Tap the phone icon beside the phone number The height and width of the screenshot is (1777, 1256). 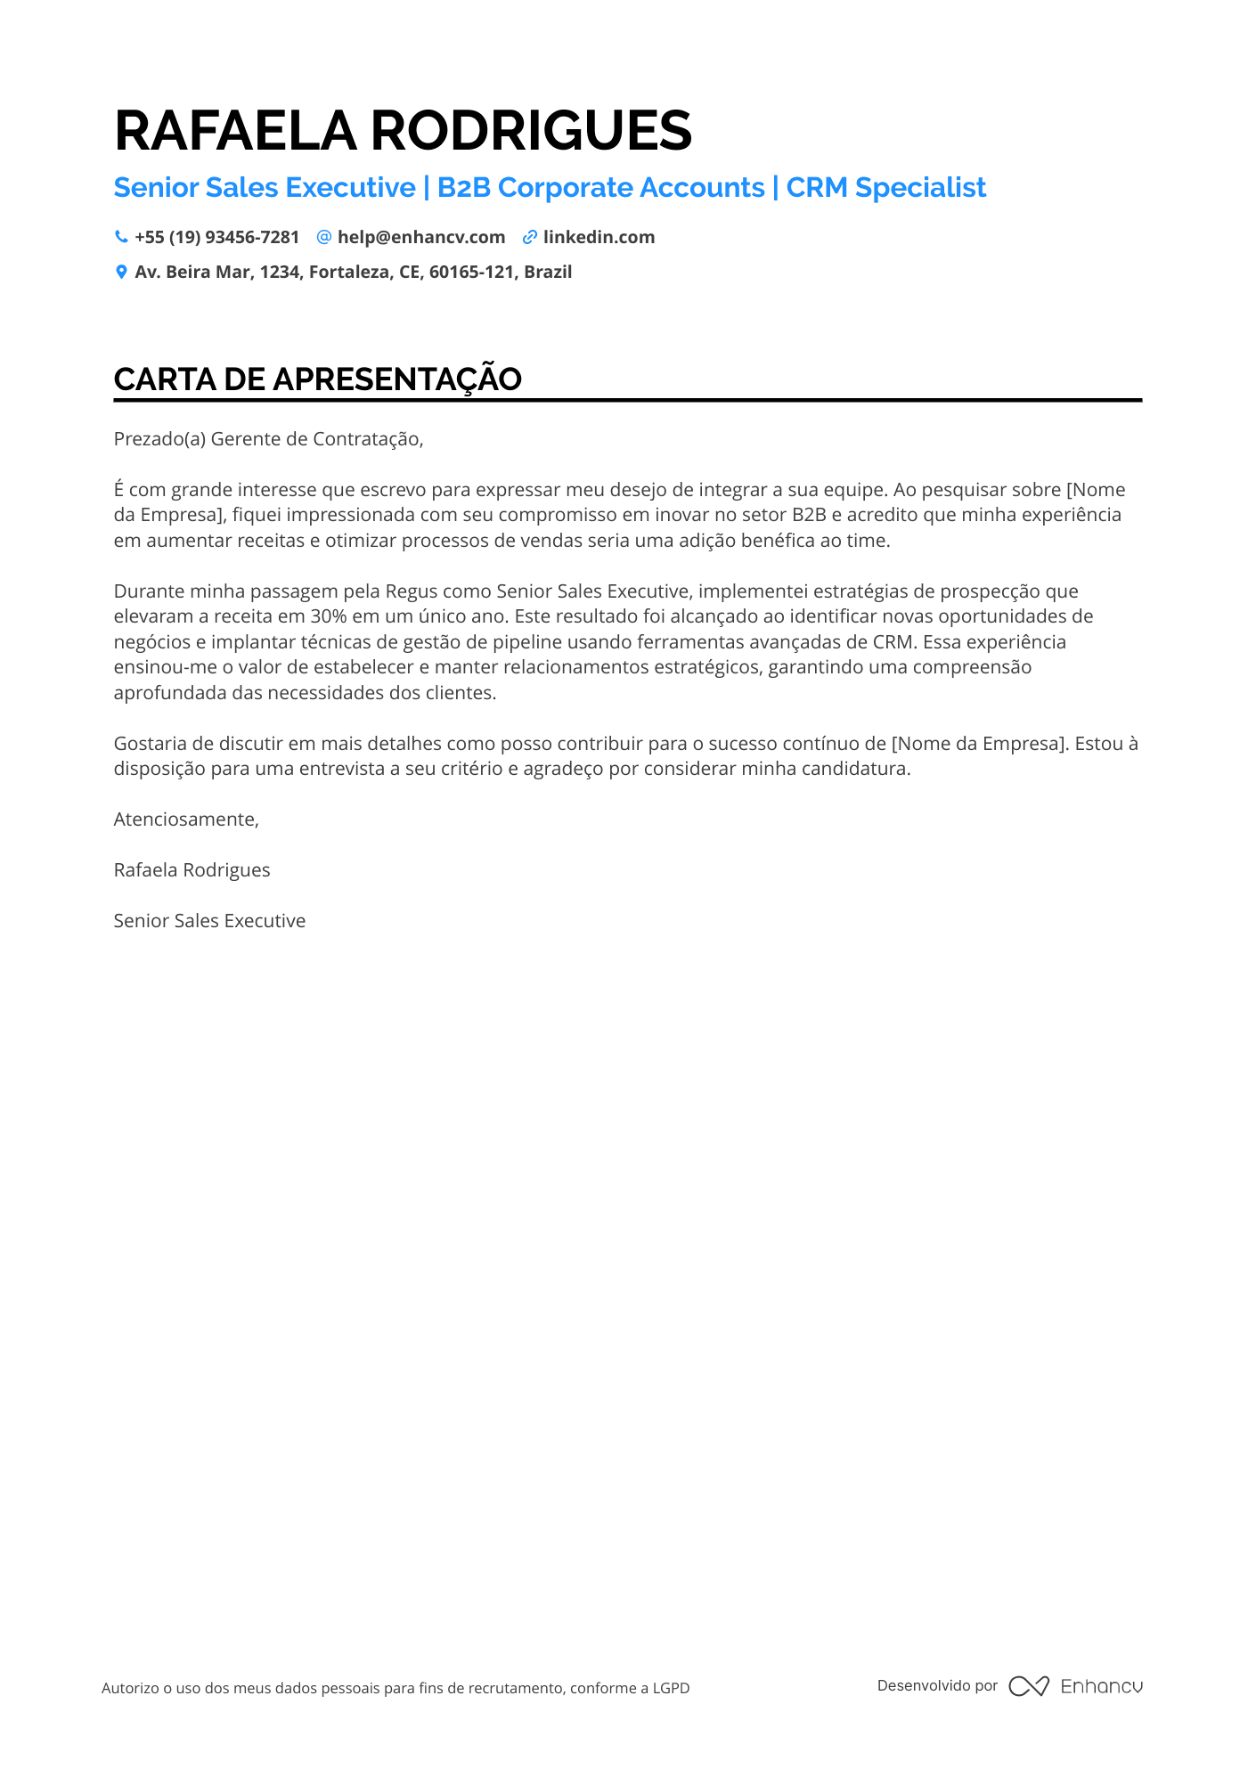[121, 237]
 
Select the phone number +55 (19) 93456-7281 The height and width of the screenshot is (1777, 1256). [216, 237]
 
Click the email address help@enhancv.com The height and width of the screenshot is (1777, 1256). [420, 237]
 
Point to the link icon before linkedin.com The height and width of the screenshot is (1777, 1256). [529, 237]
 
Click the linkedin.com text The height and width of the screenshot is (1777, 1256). [599, 237]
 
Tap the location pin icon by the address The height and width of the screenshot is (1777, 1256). [121, 272]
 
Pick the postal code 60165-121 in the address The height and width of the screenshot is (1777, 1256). [471, 272]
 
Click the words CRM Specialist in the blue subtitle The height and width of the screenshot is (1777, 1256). [885, 188]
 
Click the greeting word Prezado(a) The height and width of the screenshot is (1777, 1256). [159, 439]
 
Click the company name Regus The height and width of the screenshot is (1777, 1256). [412, 591]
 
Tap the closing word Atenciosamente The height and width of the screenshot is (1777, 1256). [185, 819]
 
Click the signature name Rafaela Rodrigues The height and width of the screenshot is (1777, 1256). [192, 870]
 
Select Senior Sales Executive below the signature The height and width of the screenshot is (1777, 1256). [209, 921]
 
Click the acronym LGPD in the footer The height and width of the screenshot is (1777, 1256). [671, 1688]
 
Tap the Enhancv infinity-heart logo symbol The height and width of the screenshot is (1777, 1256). [1028, 1686]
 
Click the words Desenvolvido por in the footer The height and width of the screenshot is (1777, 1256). [937, 1685]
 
